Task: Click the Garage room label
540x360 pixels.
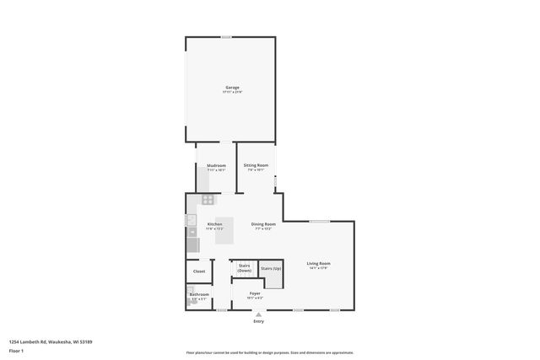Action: [231, 88]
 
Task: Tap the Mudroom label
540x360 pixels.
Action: [215, 165]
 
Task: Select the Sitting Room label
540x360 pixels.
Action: [256, 165]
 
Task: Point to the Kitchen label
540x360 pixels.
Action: [214, 224]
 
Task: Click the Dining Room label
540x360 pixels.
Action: [263, 224]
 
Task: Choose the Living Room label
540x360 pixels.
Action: [318, 264]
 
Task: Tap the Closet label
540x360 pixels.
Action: [199, 271]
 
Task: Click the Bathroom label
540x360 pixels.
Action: [198, 294]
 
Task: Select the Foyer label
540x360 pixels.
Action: [254, 293]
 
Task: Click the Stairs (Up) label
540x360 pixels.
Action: [271, 268]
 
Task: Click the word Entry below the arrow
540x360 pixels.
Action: [258, 322]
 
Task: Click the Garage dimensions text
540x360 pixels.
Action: [231, 92]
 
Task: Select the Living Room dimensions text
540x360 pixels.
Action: [318, 268]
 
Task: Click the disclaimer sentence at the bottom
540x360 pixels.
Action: [269, 352]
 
